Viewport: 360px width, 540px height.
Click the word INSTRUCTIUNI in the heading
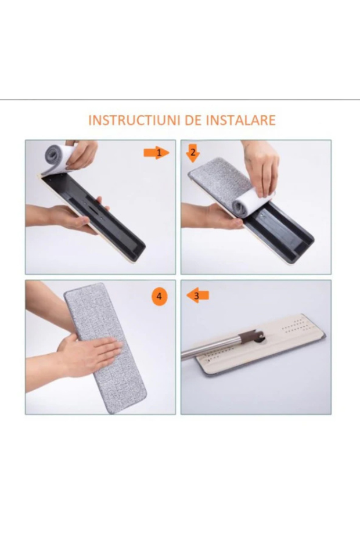(x=135, y=120)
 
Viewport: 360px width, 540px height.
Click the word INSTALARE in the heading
(x=241, y=120)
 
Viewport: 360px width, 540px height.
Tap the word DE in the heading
(x=194, y=120)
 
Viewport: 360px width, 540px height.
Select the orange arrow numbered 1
(x=157, y=153)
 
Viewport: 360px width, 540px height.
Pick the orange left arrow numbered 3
(x=198, y=296)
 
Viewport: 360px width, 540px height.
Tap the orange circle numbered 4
(x=159, y=297)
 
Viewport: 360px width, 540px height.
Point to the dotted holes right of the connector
(x=294, y=326)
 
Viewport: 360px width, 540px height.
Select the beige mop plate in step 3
(x=262, y=344)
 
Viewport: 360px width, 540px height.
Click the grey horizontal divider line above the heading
(x=180, y=100)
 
